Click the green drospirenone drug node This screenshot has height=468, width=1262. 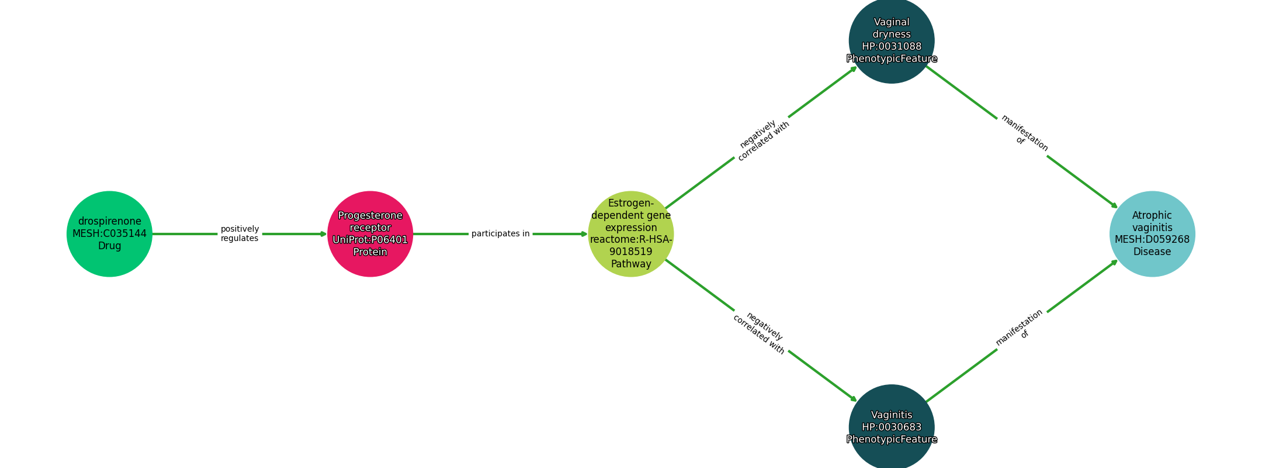click(109, 234)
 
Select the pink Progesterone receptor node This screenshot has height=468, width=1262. click(370, 234)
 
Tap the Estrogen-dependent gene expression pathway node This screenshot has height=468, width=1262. click(631, 234)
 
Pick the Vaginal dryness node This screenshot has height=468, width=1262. click(892, 41)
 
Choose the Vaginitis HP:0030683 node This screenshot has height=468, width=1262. click(892, 427)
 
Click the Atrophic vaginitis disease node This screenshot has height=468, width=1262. click(1152, 234)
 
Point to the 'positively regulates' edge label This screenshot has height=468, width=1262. click(240, 233)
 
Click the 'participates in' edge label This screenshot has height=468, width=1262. click(501, 233)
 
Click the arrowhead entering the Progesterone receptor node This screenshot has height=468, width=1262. click(324, 234)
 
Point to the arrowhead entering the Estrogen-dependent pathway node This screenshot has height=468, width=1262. click(584, 234)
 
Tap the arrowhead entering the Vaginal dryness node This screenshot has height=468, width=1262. click(854, 68)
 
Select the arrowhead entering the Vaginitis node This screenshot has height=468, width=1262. click(854, 400)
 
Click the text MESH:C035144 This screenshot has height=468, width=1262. click(109, 234)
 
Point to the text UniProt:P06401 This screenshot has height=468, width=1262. click(370, 239)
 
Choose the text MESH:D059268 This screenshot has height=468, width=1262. click(1152, 239)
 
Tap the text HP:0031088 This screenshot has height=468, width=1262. click(892, 47)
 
